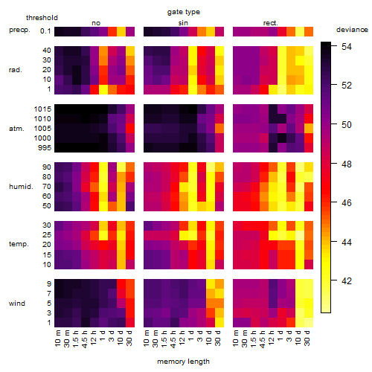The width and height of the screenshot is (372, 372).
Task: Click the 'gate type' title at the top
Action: point(184,12)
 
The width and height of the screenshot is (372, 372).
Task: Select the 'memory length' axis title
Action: point(183,362)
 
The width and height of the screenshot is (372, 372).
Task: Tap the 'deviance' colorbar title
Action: point(352,30)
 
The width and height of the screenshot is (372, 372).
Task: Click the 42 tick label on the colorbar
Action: point(347,281)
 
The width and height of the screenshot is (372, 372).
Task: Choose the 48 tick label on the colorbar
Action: point(347,164)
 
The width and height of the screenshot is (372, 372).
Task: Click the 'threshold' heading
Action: point(42,18)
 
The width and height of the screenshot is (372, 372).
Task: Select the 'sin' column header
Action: point(183,23)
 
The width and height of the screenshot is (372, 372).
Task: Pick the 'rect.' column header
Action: point(270,23)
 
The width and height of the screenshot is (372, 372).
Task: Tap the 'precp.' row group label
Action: point(19,31)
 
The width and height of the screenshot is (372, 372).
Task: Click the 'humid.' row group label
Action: point(21,187)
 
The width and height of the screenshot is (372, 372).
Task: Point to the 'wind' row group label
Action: point(17,304)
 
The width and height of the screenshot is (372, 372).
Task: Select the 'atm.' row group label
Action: point(16,129)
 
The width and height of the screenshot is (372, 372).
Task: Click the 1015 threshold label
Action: point(42,109)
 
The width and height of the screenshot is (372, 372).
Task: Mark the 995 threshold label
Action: point(45,148)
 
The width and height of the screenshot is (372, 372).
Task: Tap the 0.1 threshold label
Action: point(45,31)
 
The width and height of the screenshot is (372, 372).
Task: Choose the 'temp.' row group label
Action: point(19,244)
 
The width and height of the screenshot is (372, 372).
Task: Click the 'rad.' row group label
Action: point(16,70)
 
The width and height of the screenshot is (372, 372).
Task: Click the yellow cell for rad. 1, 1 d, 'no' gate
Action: point(103,89)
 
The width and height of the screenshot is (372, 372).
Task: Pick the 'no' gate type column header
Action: point(96,23)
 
